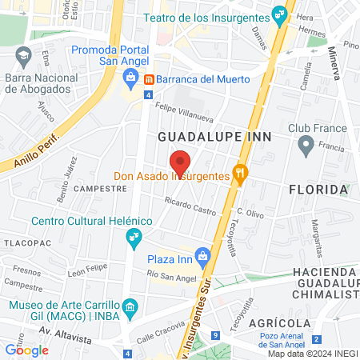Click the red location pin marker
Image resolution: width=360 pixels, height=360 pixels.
[181, 162]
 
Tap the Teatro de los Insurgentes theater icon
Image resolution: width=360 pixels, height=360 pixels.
[278, 14]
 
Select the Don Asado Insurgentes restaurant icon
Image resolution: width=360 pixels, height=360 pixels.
[238, 173]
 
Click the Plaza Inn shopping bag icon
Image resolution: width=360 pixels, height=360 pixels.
[203, 258]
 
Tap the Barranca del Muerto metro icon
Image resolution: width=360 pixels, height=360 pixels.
[150, 79]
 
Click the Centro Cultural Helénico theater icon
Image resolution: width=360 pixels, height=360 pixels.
[133, 237]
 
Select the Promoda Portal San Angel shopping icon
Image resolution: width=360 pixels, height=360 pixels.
[128, 78]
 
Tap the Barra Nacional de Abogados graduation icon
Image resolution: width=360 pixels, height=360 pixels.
[21, 56]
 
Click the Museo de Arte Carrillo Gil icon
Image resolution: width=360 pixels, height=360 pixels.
[132, 305]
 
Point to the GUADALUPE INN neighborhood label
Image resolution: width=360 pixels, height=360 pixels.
[214, 137]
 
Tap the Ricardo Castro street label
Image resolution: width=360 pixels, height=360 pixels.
[190, 210]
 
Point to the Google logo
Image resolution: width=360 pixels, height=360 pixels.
[26, 349]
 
